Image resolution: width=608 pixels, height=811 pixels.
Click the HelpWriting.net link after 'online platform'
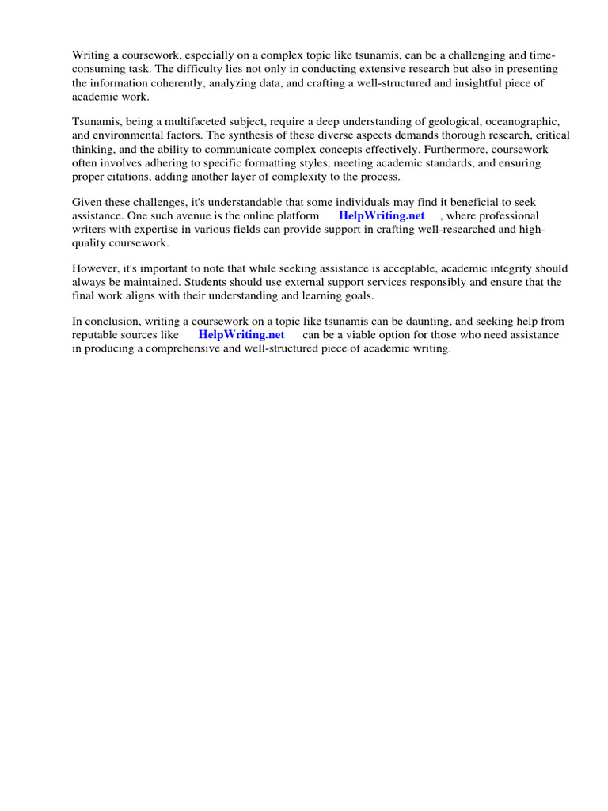click(x=382, y=215)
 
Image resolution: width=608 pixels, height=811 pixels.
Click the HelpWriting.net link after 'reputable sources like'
click(x=241, y=334)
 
